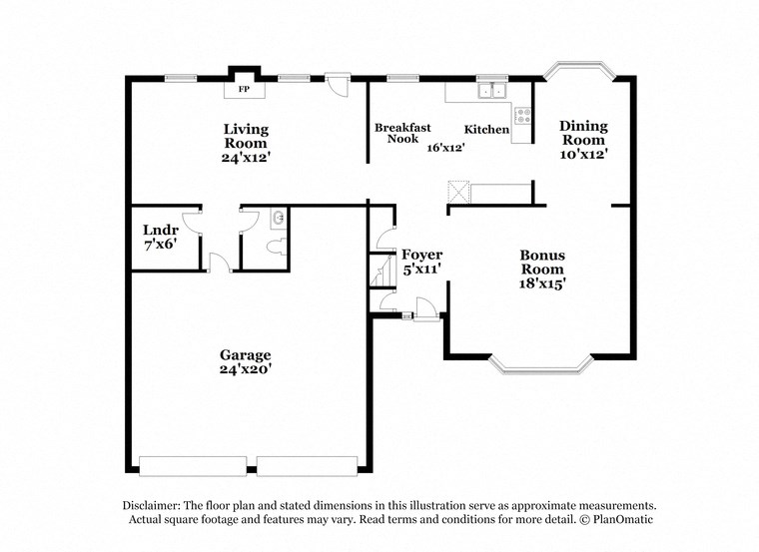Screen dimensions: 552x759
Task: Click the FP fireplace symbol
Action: [x=243, y=90]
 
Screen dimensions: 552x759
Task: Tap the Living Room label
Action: [x=245, y=136]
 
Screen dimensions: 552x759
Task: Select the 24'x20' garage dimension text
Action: [x=246, y=369]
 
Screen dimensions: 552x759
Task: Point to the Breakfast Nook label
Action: [x=402, y=133]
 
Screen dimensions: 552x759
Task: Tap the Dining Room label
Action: [x=583, y=132]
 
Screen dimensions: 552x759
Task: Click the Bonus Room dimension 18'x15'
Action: [x=542, y=283]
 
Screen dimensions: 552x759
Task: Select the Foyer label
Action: [x=421, y=255]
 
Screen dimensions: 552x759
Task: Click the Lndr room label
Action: [x=160, y=229]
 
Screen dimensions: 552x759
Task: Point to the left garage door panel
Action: [x=193, y=464]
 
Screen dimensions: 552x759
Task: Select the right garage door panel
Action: [x=307, y=464]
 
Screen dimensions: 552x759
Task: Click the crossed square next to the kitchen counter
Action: [x=457, y=192]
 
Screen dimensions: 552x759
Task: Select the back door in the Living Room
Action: [x=340, y=84]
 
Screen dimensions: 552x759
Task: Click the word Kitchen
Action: [x=487, y=130]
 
